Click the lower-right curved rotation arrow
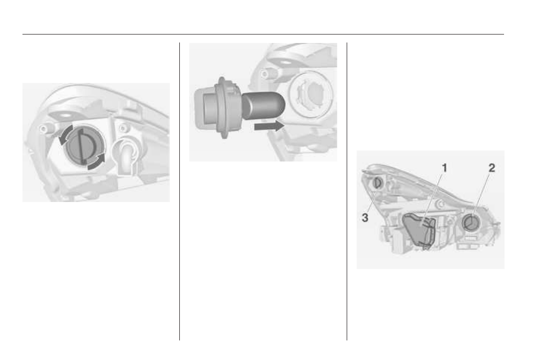[x=97, y=161]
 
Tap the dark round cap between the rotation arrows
[x=81, y=146]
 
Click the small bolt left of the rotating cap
[x=43, y=128]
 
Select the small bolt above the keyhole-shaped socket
[x=122, y=128]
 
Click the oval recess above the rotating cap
[x=63, y=115]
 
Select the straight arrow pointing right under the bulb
[x=269, y=126]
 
